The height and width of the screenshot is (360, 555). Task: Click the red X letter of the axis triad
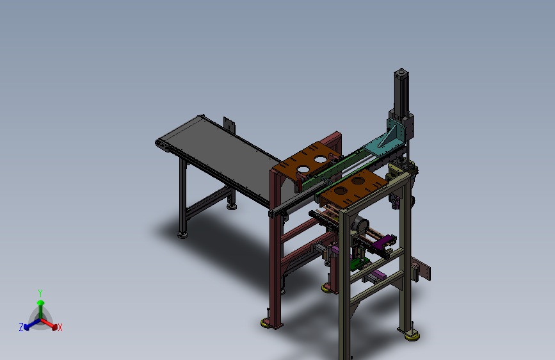(x=60, y=327)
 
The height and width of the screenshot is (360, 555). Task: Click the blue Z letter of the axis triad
(x=21, y=327)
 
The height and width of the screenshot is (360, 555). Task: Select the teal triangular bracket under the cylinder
(x=390, y=140)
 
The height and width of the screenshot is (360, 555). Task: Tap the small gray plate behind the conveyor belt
(x=228, y=124)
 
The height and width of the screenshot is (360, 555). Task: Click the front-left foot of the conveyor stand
(x=183, y=234)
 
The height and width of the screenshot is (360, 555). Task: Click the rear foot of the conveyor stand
(x=231, y=206)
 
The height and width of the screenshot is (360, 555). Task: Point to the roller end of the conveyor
(x=164, y=147)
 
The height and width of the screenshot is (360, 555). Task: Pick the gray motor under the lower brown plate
(x=359, y=227)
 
